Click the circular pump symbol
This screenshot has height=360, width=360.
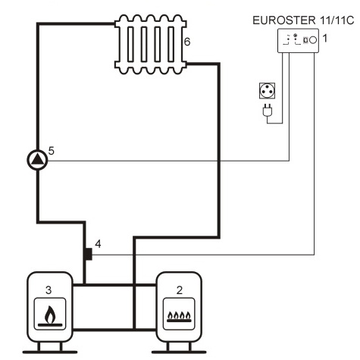pyautogui.click(x=36, y=159)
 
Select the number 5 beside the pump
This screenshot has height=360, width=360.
pyautogui.click(x=52, y=150)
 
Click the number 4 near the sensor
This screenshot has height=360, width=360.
pyautogui.click(x=97, y=245)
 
